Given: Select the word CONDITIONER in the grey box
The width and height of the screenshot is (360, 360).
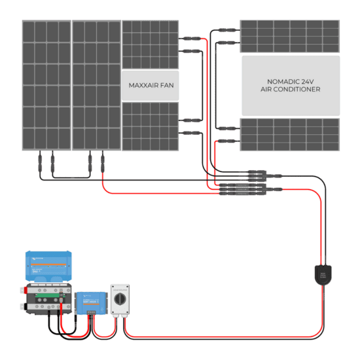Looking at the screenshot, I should click(299, 89).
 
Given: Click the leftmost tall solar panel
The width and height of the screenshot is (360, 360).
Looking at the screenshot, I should click(46, 84).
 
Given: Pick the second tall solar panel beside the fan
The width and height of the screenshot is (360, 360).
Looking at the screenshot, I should click(96, 84).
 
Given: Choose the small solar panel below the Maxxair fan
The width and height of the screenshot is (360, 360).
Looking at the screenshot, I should click(151, 126).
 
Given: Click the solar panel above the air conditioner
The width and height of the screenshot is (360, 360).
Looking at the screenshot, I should click(290, 36).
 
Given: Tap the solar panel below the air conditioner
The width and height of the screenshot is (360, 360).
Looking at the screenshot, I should click(290, 134).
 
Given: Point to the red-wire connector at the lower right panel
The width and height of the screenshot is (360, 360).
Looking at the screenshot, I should click(226, 140).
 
